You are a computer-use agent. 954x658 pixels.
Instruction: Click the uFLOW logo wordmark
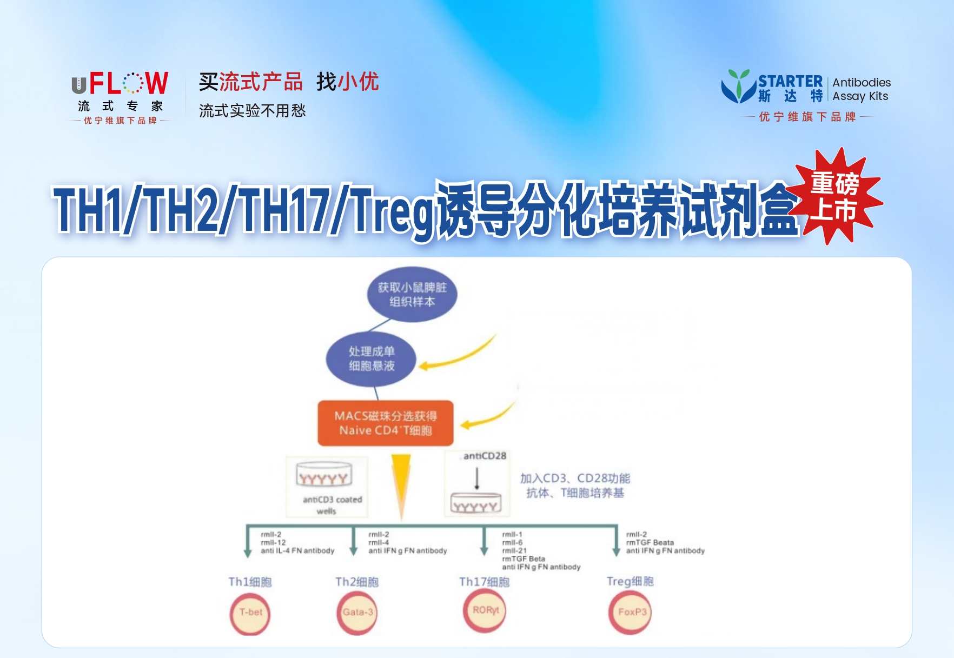point(120,83)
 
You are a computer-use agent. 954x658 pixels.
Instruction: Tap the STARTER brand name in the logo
point(790,82)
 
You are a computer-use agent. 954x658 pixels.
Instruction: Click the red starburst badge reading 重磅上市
point(836,196)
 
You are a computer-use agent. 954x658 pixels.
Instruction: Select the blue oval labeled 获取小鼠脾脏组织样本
point(412,295)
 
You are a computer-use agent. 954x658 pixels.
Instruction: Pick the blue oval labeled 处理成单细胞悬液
point(371,358)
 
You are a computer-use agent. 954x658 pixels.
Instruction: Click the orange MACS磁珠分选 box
point(386,423)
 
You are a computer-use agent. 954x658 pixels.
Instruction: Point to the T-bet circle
point(250,613)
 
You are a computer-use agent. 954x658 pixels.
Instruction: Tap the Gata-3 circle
point(357,613)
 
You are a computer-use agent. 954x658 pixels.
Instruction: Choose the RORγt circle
point(485,610)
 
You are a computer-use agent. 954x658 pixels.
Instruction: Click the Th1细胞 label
point(250,582)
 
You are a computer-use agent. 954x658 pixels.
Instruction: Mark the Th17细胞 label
point(484,582)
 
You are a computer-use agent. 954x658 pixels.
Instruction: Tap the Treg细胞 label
point(630,581)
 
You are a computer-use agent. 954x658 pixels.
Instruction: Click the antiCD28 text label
point(485,456)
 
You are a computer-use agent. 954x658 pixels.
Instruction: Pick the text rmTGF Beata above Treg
point(650,542)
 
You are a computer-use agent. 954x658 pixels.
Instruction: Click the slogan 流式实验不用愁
point(252,111)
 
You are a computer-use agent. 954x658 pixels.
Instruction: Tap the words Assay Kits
point(860,96)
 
